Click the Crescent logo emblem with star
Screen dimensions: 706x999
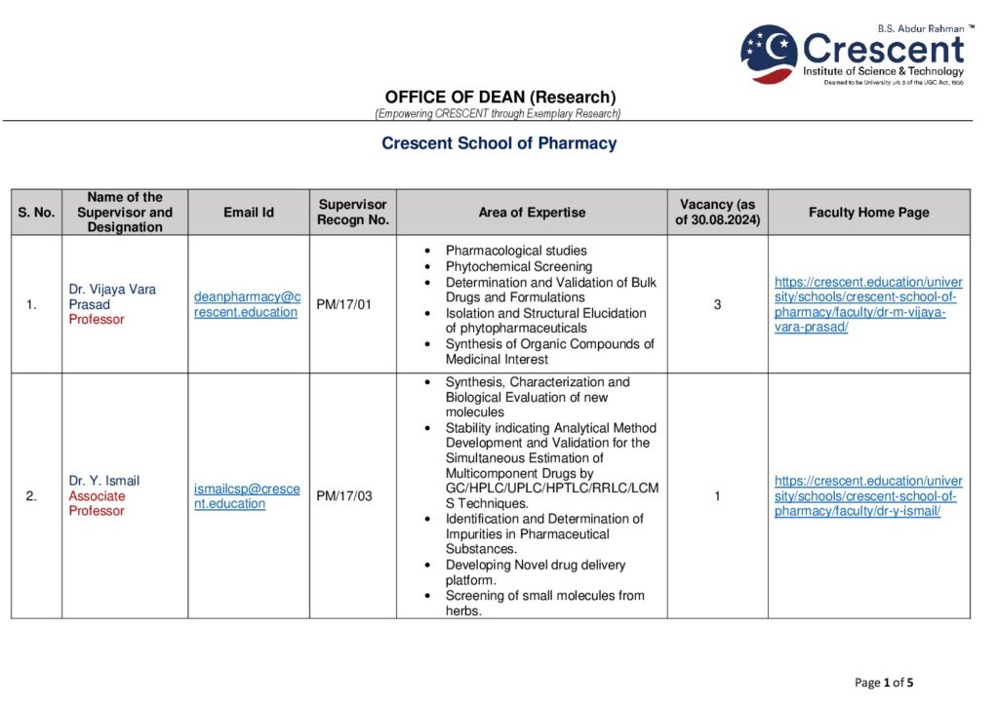coord(769,54)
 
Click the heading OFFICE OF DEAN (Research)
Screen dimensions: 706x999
coord(499,97)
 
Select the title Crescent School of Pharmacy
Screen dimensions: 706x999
coord(499,143)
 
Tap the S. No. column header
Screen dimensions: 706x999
coord(36,213)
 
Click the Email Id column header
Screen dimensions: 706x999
coord(249,213)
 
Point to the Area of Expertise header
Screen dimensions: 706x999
coord(532,213)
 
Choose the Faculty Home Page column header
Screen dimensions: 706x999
coord(868,213)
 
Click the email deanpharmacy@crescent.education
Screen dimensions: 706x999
coord(247,304)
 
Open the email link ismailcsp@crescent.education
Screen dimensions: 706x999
coord(247,496)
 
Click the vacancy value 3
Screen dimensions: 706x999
coord(717,304)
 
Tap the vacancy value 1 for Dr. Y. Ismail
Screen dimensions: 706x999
coord(717,496)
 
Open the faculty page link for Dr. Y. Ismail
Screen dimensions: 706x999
coord(867,496)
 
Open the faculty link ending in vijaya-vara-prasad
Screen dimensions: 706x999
coord(867,304)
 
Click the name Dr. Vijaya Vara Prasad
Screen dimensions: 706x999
coord(111,296)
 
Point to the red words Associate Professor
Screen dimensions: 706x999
coord(97,503)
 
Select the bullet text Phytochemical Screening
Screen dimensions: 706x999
coord(518,266)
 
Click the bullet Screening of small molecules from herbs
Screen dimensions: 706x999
coord(544,603)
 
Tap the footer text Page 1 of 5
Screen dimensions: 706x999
coord(884,683)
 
